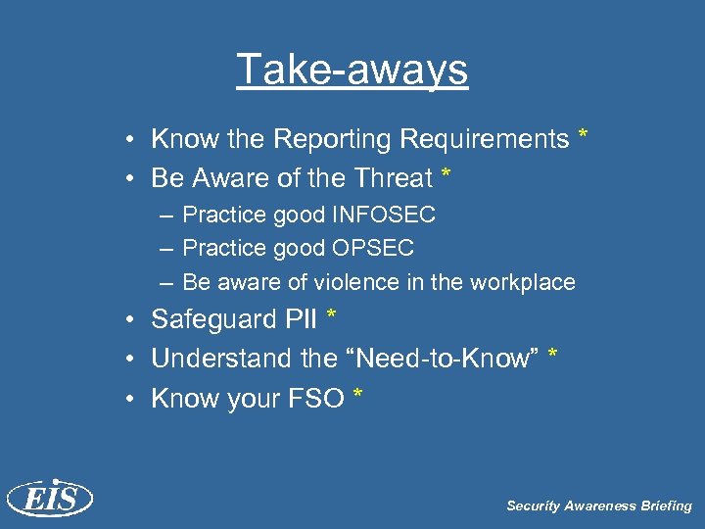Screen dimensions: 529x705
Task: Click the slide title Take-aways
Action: click(x=352, y=70)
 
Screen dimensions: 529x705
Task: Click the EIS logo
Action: click(x=49, y=499)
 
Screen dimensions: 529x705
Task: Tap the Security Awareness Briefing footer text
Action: click(x=598, y=505)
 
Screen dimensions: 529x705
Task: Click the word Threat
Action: click(x=388, y=178)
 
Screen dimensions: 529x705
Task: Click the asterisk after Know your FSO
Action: click(x=358, y=394)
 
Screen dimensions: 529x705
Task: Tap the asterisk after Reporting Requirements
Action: click(x=584, y=135)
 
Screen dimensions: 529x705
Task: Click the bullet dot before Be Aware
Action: click(x=130, y=179)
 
